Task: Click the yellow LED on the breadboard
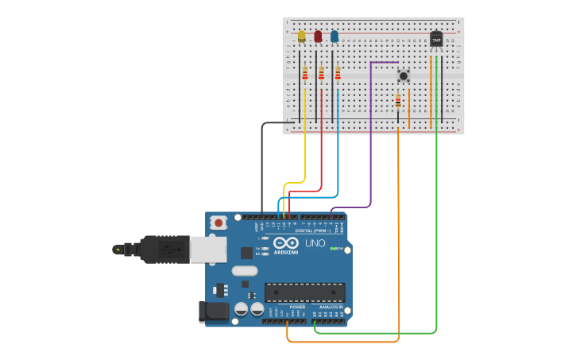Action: [302, 37]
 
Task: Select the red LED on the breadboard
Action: [318, 37]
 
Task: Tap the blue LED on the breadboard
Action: [334, 37]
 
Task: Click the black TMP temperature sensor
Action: [436, 38]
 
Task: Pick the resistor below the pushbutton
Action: [398, 101]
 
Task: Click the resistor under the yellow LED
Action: [305, 73]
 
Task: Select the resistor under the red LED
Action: [321, 73]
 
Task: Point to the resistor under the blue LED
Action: [338, 73]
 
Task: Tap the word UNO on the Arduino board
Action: [315, 243]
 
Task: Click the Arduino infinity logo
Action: [286, 242]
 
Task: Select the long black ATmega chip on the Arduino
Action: [305, 292]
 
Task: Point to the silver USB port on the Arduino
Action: [208, 249]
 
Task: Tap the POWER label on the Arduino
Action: [297, 307]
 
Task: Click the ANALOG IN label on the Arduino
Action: [331, 307]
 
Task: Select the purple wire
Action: [371, 135]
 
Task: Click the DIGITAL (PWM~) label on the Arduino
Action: [313, 230]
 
